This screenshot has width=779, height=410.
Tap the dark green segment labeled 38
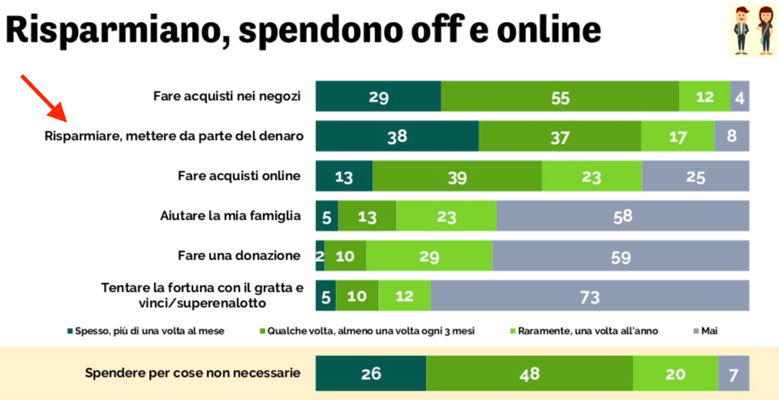(x=397, y=136)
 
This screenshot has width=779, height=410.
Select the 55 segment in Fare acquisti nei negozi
(x=560, y=97)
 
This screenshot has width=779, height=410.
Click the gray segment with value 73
(x=590, y=296)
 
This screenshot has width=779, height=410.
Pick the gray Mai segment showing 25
(x=695, y=176)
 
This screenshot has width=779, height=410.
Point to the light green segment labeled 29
(x=429, y=256)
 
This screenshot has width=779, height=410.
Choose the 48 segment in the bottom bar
(x=529, y=373)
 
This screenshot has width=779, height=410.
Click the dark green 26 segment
(x=371, y=373)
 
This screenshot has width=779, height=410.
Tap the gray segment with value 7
(x=733, y=373)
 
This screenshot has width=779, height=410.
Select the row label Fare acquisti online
(x=239, y=175)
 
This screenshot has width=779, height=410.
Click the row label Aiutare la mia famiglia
(x=230, y=216)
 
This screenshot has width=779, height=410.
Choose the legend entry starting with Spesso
(x=146, y=331)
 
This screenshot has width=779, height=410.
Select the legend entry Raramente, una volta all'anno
(x=584, y=331)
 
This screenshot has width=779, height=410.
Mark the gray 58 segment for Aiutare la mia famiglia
(x=622, y=216)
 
